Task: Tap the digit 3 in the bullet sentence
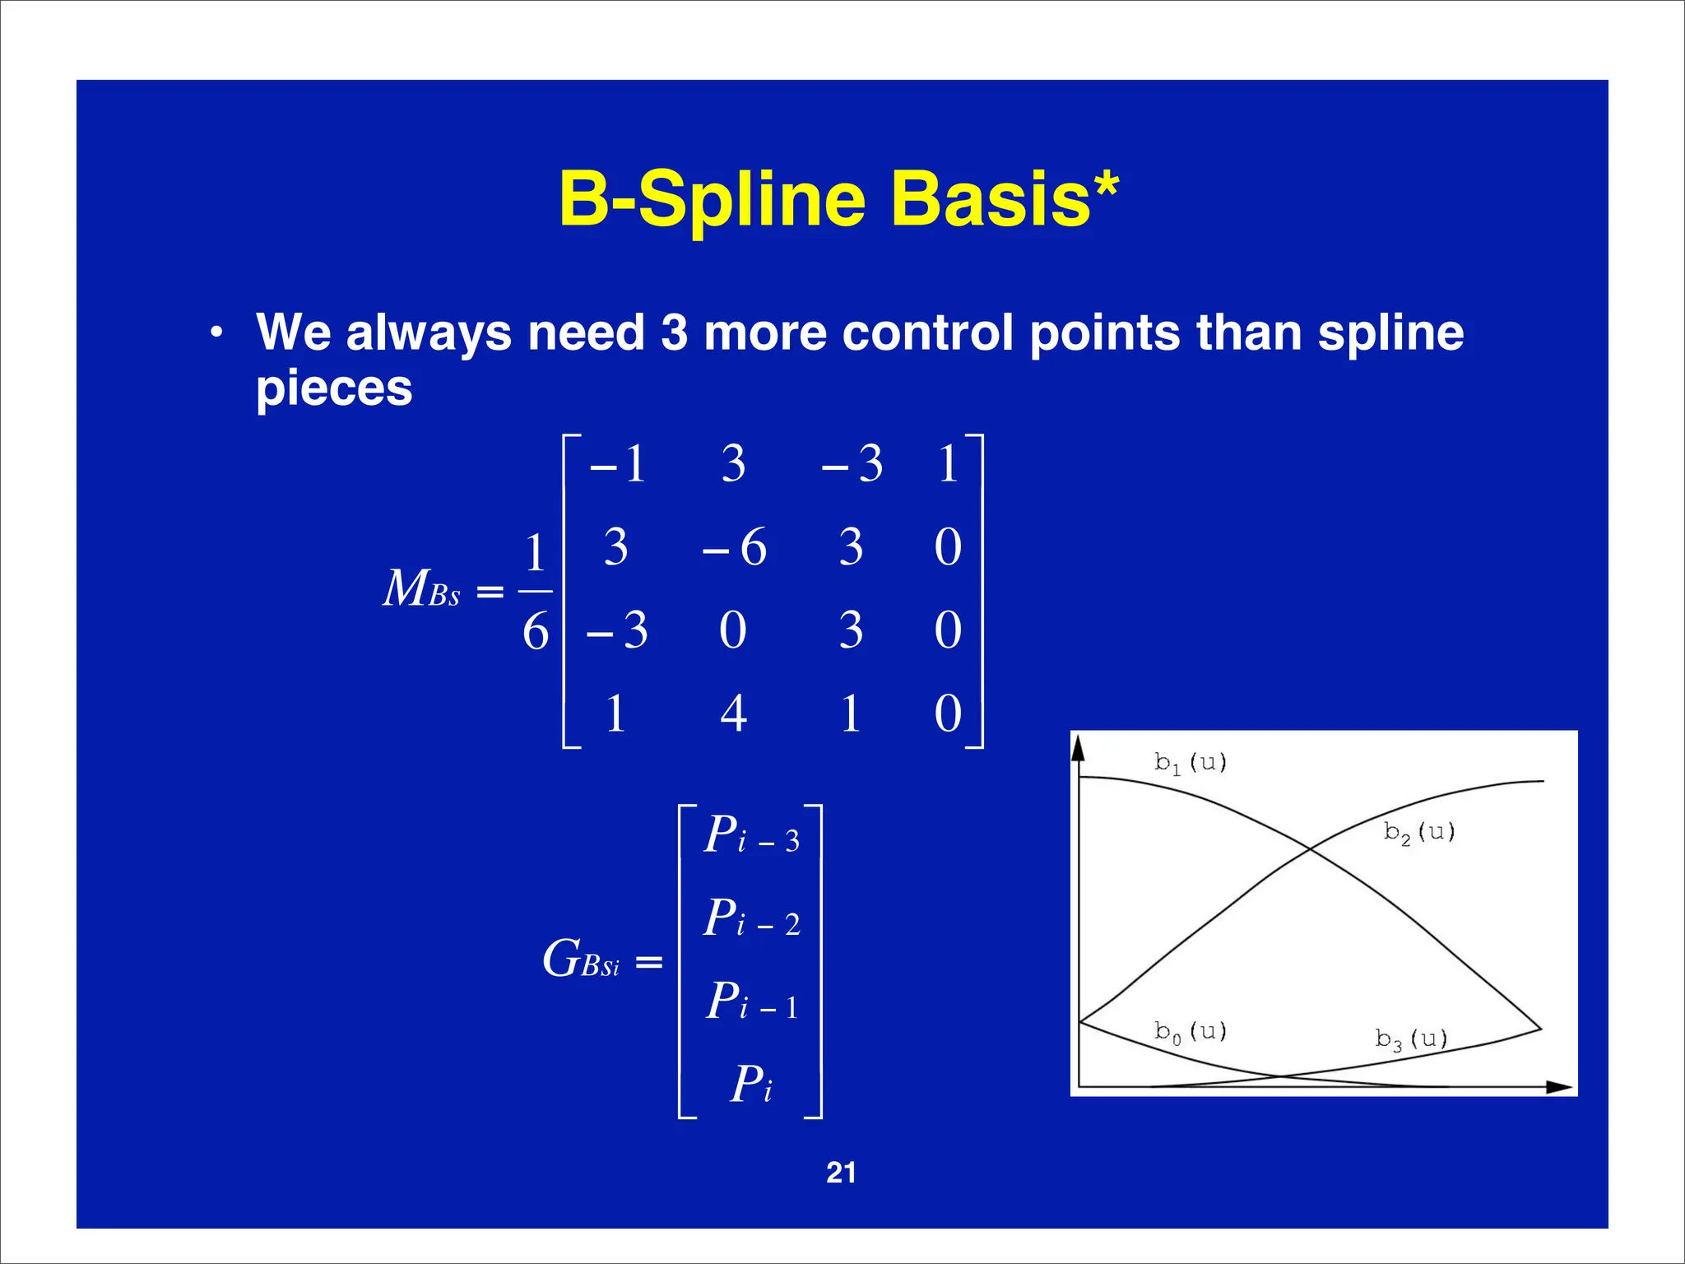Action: [674, 333]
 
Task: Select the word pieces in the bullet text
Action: [334, 389]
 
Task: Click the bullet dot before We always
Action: [216, 334]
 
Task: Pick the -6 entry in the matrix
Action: [734, 547]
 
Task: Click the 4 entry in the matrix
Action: [733, 713]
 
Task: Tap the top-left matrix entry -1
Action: [618, 464]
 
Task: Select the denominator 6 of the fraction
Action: [536, 632]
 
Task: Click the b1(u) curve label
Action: [1190, 763]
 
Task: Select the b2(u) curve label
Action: [1419, 833]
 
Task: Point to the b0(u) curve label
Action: [1190, 1032]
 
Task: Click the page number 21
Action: [841, 1173]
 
